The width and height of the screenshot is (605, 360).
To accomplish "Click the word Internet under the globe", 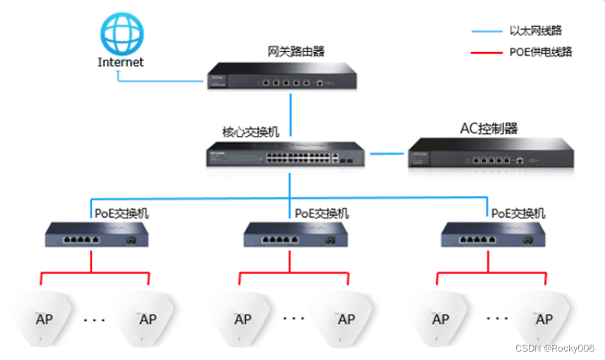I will pyautogui.click(x=120, y=62).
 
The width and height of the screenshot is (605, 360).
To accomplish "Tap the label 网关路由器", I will pyautogui.click(x=297, y=51).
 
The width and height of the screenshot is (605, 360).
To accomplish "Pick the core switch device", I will pyautogui.click(x=286, y=154).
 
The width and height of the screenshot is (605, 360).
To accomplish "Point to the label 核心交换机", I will pyautogui.click(x=250, y=132).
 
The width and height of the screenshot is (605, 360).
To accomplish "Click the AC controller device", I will pyautogui.click(x=491, y=154).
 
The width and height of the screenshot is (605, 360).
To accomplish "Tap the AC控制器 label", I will pyautogui.click(x=489, y=128).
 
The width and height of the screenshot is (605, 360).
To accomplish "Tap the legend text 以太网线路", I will pyautogui.click(x=535, y=31).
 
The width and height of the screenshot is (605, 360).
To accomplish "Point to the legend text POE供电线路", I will pyautogui.click(x=540, y=51).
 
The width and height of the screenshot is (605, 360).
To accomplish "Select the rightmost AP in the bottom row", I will pyautogui.click(x=543, y=318).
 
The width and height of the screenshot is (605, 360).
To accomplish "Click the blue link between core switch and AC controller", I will pyautogui.click(x=386, y=154).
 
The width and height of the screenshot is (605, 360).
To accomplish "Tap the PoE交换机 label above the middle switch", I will pyautogui.click(x=321, y=213).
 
